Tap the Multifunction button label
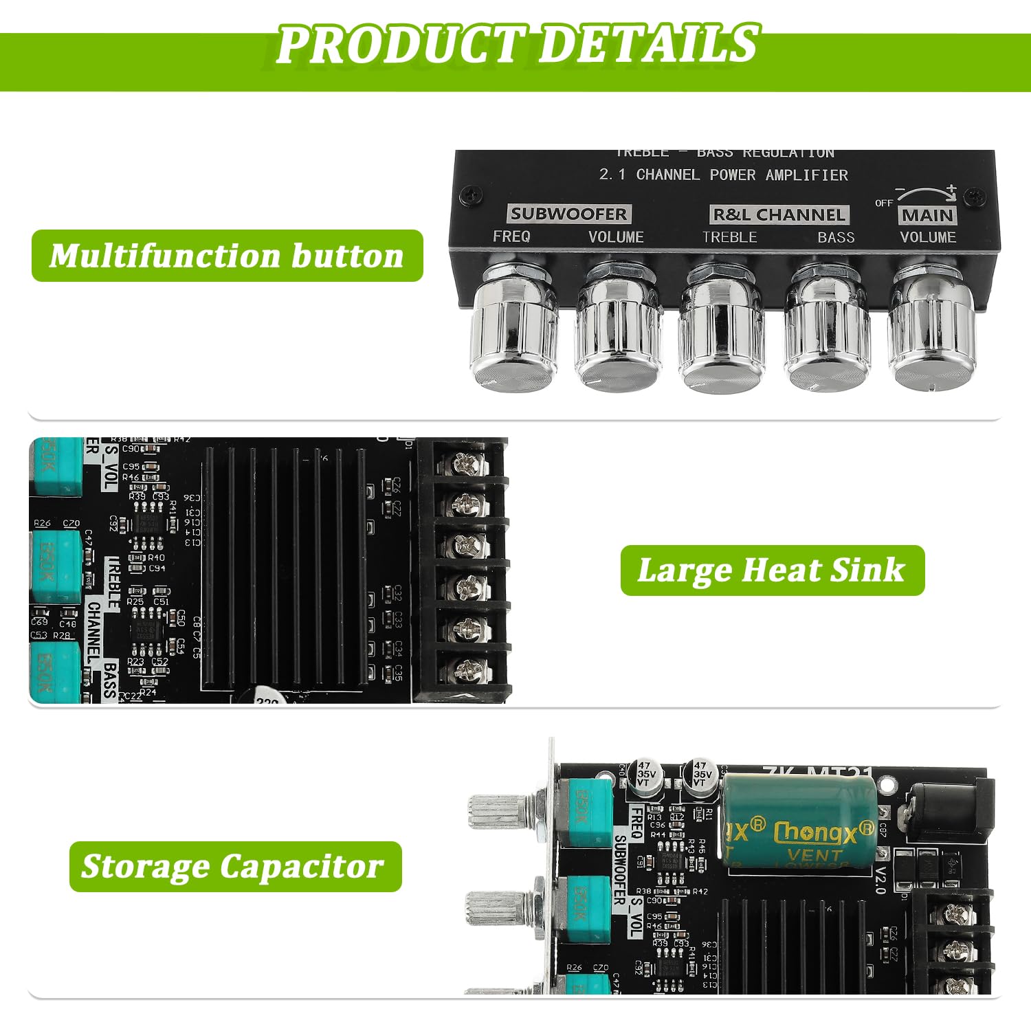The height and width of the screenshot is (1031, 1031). click(227, 256)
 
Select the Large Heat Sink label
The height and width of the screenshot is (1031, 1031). click(772, 570)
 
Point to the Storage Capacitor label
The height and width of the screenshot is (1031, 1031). click(234, 866)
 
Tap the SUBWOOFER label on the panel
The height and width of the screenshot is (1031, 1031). click(568, 214)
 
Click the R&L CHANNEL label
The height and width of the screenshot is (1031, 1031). click(779, 215)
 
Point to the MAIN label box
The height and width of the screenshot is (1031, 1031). click(927, 215)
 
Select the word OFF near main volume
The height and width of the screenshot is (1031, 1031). click(883, 203)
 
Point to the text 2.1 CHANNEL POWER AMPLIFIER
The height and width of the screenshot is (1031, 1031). click(723, 175)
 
